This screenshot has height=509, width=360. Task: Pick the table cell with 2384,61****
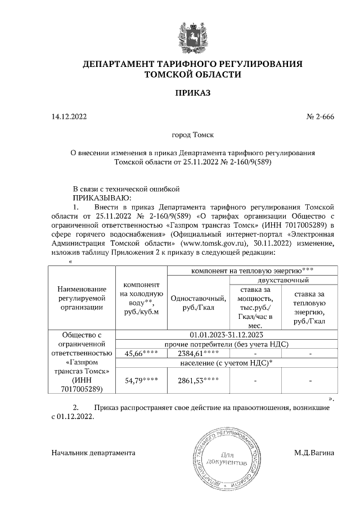click(x=197, y=354)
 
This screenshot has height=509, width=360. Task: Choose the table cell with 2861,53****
click(x=197, y=381)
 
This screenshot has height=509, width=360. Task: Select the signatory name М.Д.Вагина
click(x=314, y=452)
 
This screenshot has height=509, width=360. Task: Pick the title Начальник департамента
click(x=93, y=452)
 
